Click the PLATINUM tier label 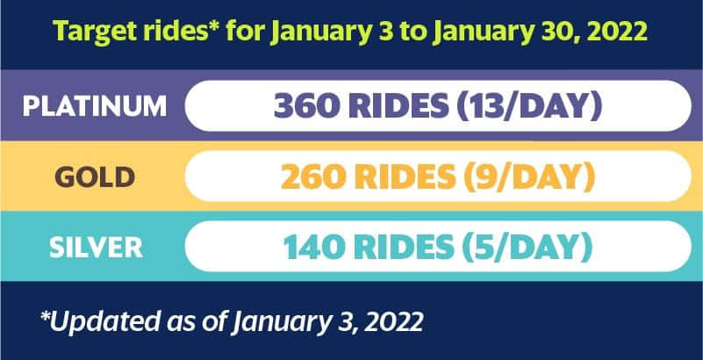[x=95, y=106]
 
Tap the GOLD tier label [x=95, y=176]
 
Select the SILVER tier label [x=96, y=247]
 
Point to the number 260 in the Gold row [x=313, y=176]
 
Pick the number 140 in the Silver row [x=316, y=247]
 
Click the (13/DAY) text [x=529, y=107]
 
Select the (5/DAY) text [x=527, y=248]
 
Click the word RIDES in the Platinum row [x=398, y=106]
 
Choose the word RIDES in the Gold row [x=405, y=176]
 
